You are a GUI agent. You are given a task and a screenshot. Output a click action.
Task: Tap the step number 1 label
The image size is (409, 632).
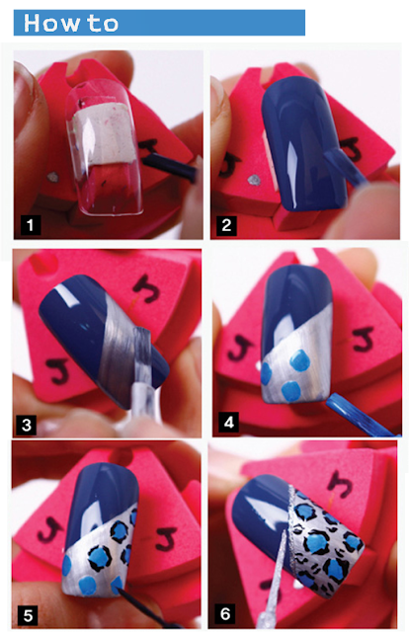[31, 225]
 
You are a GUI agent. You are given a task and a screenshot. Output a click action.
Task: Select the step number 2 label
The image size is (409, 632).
[226, 225]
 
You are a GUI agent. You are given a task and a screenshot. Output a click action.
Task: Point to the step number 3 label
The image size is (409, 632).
[27, 425]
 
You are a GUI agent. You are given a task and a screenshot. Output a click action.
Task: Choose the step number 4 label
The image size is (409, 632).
[228, 423]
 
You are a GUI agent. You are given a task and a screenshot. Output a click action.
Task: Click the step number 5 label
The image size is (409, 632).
[29, 615]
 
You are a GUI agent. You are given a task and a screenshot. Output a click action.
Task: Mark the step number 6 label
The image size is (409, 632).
[225, 614]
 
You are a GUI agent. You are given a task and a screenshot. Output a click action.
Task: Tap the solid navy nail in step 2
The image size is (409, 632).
[302, 143]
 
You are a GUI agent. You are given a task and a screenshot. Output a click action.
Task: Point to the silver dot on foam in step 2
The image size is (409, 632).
[254, 180]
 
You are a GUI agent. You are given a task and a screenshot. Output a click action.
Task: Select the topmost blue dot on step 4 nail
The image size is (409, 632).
[300, 360]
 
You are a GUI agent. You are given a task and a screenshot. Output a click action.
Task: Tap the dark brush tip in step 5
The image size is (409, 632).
[123, 592]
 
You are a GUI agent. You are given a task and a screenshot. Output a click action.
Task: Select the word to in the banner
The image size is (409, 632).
[104, 24]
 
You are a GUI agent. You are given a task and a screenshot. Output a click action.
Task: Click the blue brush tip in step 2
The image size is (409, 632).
[343, 166]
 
